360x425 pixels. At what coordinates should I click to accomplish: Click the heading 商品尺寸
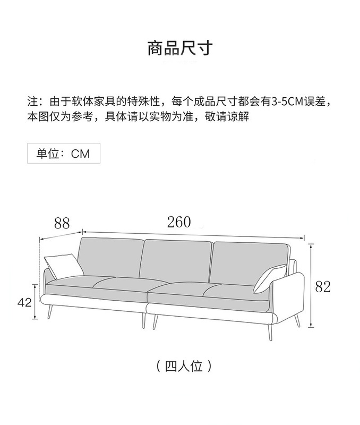click(179, 48)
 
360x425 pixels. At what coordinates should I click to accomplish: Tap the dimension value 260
click(178, 222)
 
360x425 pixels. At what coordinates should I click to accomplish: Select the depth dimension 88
click(62, 223)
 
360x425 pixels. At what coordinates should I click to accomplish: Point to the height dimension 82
click(323, 287)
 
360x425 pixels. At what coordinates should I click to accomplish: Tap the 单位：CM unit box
click(63, 154)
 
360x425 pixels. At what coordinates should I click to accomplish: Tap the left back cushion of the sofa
click(110, 258)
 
